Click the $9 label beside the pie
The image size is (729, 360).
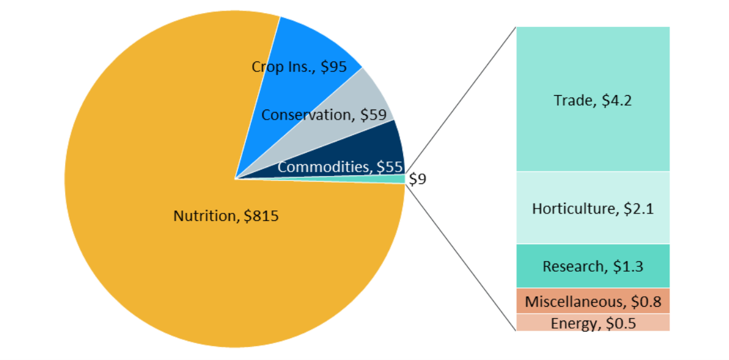[x=417, y=180]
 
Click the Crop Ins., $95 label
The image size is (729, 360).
[x=299, y=67]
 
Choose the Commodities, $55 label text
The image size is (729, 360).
[x=340, y=167]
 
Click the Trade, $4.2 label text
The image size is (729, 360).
[x=593, y=100]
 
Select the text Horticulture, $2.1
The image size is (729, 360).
[x=593, y=209]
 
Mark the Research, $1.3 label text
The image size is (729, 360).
[x=593, y=267]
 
